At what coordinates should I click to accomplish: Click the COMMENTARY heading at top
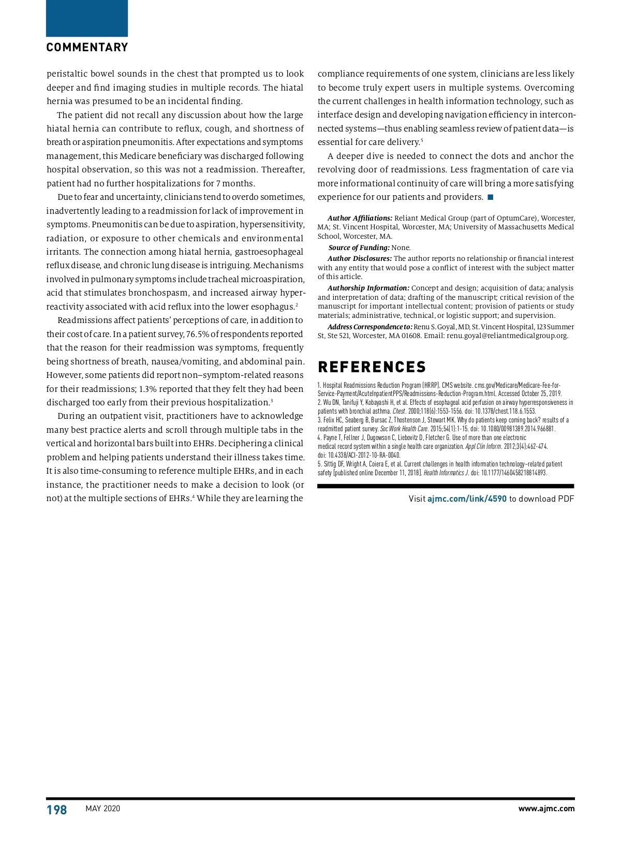(x=87, y=48)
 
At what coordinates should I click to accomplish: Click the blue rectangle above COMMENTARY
(x=87, y=18)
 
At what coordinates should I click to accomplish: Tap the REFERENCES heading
(x=372, y=367)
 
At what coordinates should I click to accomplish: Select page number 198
(x=57, y=810)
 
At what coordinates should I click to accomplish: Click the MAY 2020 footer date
(x=102, y=809)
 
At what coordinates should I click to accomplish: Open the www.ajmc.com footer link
(x=546, y=809)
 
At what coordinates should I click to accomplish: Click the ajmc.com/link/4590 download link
(x=467, y=499)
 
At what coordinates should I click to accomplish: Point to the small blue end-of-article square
(x=490, y=197)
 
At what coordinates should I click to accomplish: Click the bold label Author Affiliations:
(x=360, y=218)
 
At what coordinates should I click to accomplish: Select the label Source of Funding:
(x=359, y=248)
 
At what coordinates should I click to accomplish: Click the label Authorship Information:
(x=368, y=288)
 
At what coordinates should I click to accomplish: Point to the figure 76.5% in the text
(x=197, y=334)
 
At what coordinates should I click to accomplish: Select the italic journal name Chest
(x=398, y=412)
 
